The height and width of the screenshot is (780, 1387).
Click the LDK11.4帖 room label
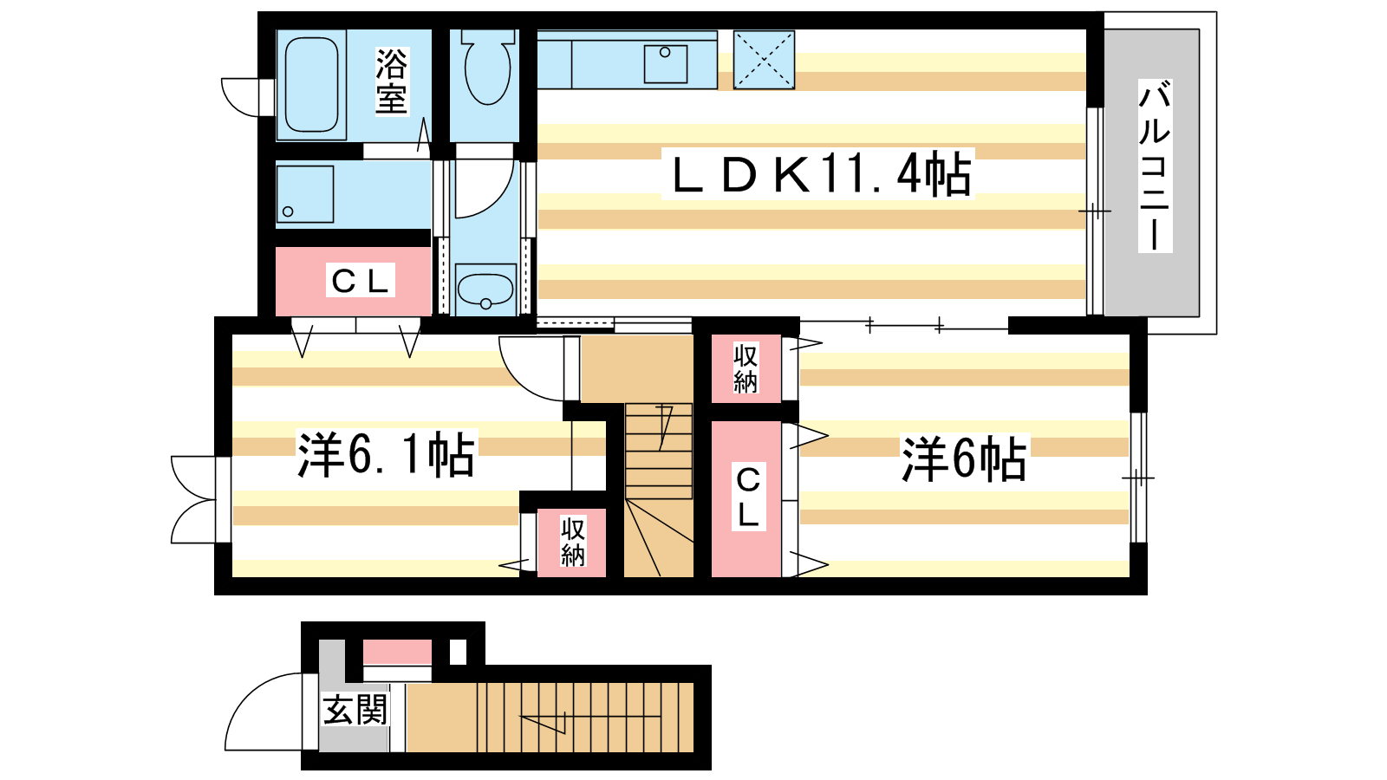(x=817, y=174)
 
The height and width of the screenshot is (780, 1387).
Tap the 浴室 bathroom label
(x=391, y=81)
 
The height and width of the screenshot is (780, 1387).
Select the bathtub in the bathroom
(x=311, y=85)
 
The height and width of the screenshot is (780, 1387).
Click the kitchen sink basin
(x=666, y=64)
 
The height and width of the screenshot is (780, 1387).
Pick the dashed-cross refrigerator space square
(x=764, y=60)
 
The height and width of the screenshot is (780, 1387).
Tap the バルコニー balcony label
(x=1155, y=166)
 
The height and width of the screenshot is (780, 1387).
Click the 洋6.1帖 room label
(x=387, y=454)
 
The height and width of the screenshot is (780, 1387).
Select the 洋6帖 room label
(x=964, y=458)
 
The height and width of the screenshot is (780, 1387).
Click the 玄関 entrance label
(x=355, y=710)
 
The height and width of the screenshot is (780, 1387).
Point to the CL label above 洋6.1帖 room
(x=361, y=281)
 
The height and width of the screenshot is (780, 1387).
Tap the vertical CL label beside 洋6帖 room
(x=749, y=496)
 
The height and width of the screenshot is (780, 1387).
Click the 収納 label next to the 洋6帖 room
(x=746, y=369)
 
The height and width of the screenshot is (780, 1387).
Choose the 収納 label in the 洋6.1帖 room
(x=573, y=543)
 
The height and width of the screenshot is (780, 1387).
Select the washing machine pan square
(x=304, y=194)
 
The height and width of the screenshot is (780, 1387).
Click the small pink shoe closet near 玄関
(x=397, y=652)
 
